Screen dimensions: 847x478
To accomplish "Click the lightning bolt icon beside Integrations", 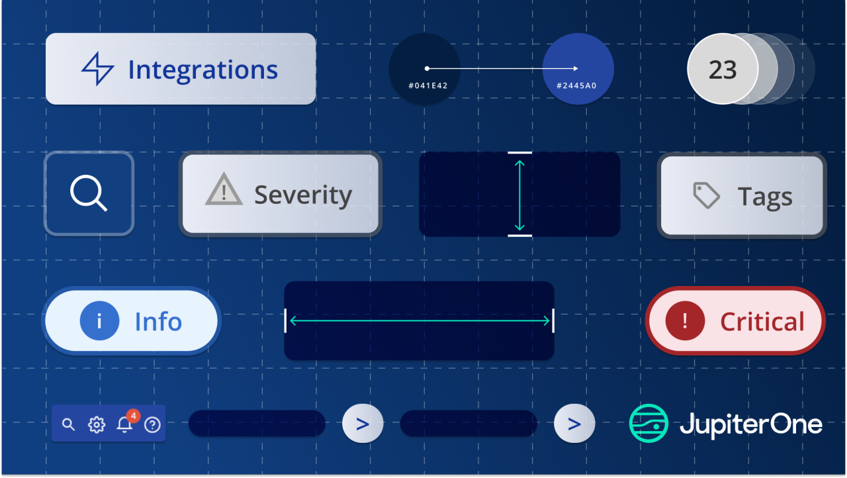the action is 98,69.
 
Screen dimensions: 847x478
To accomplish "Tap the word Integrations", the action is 202,70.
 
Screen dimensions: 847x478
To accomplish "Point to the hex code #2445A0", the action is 578,85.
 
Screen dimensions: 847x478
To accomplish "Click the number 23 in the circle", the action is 722,70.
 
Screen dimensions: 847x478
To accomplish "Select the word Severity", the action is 303,195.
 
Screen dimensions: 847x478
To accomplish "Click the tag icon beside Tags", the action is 706,195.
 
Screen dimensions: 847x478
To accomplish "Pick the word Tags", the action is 765,197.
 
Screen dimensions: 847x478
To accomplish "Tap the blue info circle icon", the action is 99,321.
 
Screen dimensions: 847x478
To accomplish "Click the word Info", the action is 158,322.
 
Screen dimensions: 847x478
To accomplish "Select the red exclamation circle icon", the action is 684,321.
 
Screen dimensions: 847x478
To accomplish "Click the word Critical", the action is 762,322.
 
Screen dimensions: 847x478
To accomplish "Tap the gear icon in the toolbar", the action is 97,424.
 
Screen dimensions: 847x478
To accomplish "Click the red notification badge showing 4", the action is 133,416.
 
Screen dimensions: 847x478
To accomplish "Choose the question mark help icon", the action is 152,424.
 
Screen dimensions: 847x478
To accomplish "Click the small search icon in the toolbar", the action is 68,424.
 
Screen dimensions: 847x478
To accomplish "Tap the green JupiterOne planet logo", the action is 648,423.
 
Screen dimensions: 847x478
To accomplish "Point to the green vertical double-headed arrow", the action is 519,195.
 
